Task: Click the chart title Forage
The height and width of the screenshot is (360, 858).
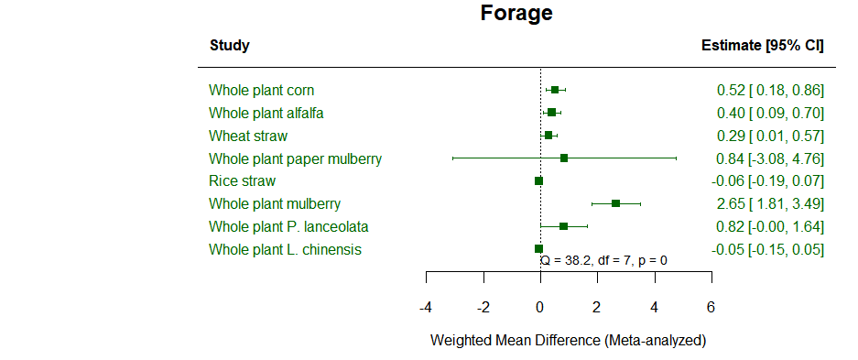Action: point(516,14)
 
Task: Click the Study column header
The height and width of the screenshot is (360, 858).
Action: point(229,45)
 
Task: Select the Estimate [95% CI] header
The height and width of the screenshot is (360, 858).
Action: point(762,45)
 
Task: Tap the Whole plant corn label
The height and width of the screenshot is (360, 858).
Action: point(261,90)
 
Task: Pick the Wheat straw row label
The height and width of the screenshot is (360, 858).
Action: point(247,136)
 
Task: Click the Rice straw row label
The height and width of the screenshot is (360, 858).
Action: point(242,180)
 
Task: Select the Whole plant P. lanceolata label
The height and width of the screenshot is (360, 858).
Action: point(288,226)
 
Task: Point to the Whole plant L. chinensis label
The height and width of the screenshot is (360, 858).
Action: point(285,249)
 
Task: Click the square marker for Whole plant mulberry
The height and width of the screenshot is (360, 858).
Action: point(615,203)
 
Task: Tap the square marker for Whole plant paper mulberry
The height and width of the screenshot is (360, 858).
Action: point(564,158)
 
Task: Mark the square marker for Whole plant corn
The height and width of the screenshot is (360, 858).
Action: point(555,90)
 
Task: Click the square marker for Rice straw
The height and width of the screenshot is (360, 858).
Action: point(538,180)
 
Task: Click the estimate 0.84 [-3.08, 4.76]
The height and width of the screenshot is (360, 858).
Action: point(769,158)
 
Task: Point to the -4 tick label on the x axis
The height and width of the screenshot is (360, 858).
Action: point(425,307)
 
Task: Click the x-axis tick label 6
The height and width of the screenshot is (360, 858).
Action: point(711,307)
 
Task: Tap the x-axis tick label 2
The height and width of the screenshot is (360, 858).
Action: point(597,307)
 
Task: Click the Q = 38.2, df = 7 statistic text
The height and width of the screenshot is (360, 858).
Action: point(603,260)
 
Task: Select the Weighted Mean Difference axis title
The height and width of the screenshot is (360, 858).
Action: point(568,340)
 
